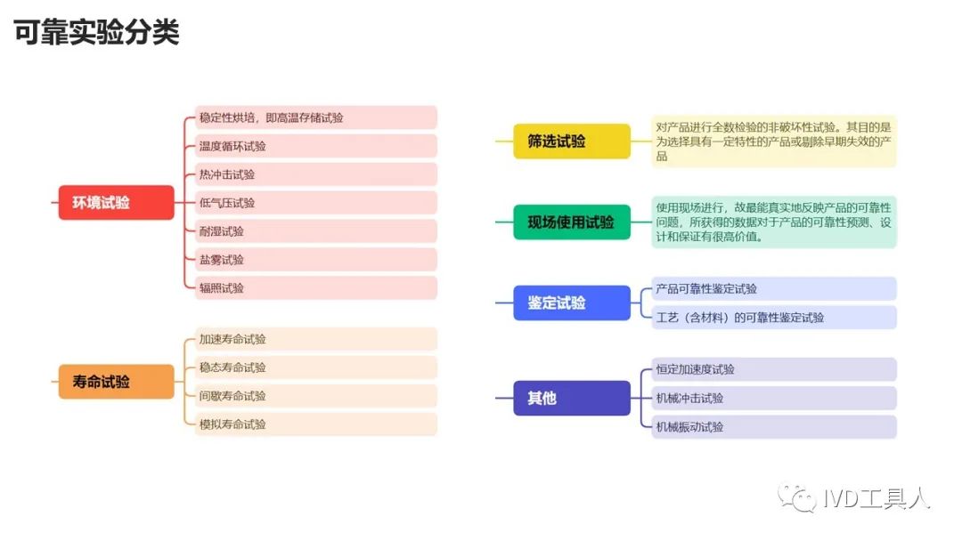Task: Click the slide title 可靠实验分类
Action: (96, 32)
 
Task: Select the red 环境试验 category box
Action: (116, 202)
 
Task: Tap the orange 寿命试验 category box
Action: (116, 381)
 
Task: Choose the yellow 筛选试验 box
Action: (572, 141)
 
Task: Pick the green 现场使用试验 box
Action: (572, 222)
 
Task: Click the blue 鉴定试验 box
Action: (572, 303)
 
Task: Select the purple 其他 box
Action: (572, 399)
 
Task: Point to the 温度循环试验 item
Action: (316, 146)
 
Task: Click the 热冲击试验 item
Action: (316, 174)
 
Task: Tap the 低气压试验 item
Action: (316, 203)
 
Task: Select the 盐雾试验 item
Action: (316, 259)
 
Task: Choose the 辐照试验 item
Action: (316, 288)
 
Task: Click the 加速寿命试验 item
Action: (316, 339)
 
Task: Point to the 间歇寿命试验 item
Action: (316, 396)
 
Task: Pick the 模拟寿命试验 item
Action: (316, 424)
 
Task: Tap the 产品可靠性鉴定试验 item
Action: (774, 288)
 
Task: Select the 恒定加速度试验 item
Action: (774, 369)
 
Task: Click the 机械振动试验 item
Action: (774, 427)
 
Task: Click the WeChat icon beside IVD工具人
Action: (797, 498)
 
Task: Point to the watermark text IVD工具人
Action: (876, 498)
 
